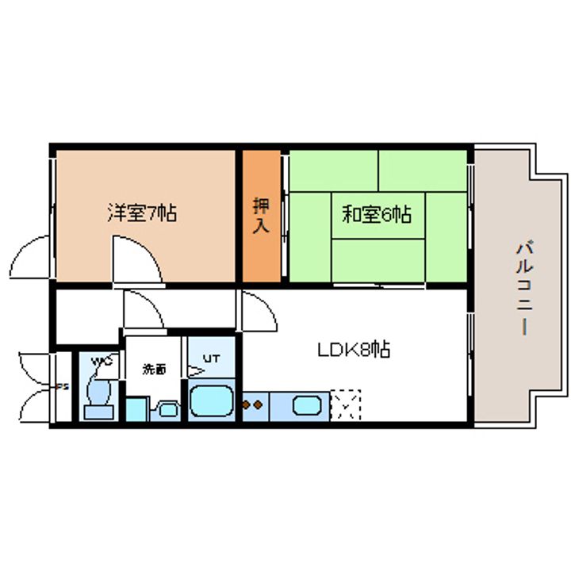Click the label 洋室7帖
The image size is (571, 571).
point(142,213)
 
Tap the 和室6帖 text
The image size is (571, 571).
point(377,213)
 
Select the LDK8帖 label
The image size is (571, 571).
point(354,350)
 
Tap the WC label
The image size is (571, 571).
point(102,362)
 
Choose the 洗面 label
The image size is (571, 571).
point(155,369)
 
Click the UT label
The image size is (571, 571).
point(212,359)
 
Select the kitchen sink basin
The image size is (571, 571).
point(307,405)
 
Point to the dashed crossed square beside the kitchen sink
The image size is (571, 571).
point(345,404)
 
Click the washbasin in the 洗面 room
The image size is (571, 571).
point(167,409)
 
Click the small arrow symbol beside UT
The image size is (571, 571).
point(195,370)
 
